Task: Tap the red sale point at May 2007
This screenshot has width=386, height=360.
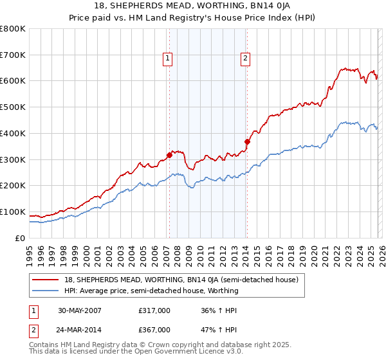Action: (169, 154)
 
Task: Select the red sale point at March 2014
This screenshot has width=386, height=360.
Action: (247, 141)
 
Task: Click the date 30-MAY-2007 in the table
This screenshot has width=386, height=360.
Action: (76, 310)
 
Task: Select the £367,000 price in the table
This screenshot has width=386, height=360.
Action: (154, 330)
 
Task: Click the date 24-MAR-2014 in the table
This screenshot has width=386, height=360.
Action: (76, 330)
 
